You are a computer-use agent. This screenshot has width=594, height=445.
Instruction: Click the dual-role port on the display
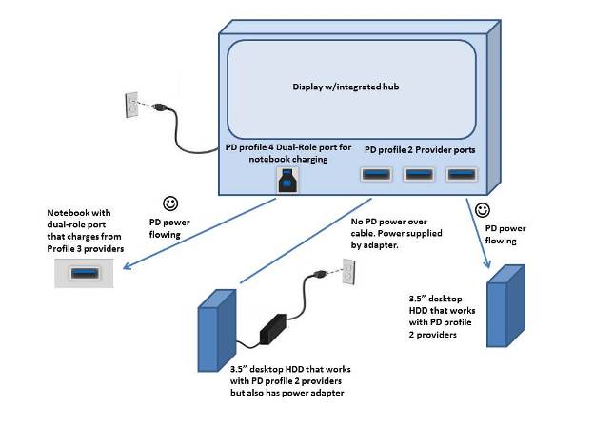click(287, 182)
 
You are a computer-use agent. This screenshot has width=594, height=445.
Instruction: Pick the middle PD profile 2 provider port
click(419, 174)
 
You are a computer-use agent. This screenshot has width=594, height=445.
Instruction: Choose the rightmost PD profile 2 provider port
click(462, 174)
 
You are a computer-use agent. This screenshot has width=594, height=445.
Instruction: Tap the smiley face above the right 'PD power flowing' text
click(483, 209)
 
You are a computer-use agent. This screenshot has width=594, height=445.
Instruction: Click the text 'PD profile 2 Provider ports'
click(421, 151)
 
